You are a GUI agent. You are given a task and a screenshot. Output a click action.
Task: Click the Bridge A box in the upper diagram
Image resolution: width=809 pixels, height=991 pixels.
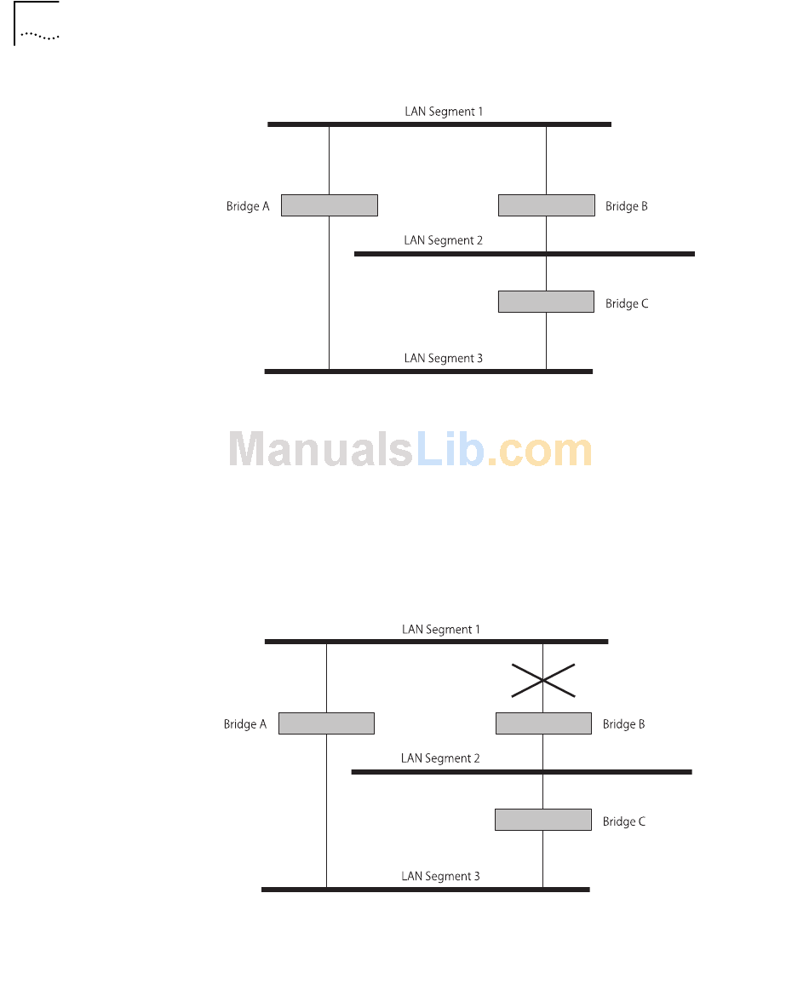click(329, 205)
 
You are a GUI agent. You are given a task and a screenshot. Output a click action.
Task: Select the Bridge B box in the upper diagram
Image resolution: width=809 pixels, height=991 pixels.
click(546, 205)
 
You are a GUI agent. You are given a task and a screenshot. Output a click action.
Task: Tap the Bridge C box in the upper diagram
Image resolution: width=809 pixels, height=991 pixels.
click(546, 302)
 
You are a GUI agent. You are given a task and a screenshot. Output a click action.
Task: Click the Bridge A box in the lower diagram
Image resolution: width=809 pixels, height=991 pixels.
click(326, 723)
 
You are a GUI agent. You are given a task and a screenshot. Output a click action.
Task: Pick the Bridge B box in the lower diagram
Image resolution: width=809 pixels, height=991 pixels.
click(543, 723)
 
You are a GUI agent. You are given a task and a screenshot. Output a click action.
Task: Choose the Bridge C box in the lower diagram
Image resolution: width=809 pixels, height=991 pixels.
click(542, 820)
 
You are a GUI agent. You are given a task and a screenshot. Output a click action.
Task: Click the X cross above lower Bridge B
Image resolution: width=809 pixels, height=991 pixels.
click(543, 680)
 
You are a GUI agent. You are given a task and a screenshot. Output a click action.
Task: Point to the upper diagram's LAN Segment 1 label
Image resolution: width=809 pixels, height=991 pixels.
click(443, 112)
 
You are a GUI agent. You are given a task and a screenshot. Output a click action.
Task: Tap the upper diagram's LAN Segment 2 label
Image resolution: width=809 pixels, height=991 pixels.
click(443, 240)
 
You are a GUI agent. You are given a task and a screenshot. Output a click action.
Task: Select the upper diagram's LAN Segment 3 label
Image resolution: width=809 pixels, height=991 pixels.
click(443, 358)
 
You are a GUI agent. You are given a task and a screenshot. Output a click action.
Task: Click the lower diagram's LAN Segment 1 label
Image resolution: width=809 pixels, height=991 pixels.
click(440, 630)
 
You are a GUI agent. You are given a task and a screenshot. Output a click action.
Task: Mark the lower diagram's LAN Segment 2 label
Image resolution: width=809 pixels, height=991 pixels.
click(440, 758)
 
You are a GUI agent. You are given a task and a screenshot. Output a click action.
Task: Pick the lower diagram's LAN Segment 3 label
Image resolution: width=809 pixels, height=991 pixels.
click(440, 876)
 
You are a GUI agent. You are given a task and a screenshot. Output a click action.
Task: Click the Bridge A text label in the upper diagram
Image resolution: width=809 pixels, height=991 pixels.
click(248, 206)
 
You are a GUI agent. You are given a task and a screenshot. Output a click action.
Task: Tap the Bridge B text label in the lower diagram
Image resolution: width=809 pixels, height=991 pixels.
click(623, 724)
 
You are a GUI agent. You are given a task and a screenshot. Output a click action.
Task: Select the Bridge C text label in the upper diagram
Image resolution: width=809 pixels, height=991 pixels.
click(627, 303)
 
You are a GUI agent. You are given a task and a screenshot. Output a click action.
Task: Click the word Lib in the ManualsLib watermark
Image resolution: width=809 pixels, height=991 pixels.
click(450, 449)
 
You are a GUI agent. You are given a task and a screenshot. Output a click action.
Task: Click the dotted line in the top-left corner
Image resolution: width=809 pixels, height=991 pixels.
click(40, 37)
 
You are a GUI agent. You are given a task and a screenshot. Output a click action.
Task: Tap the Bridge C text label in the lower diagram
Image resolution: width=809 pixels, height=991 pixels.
click(623, 821)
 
